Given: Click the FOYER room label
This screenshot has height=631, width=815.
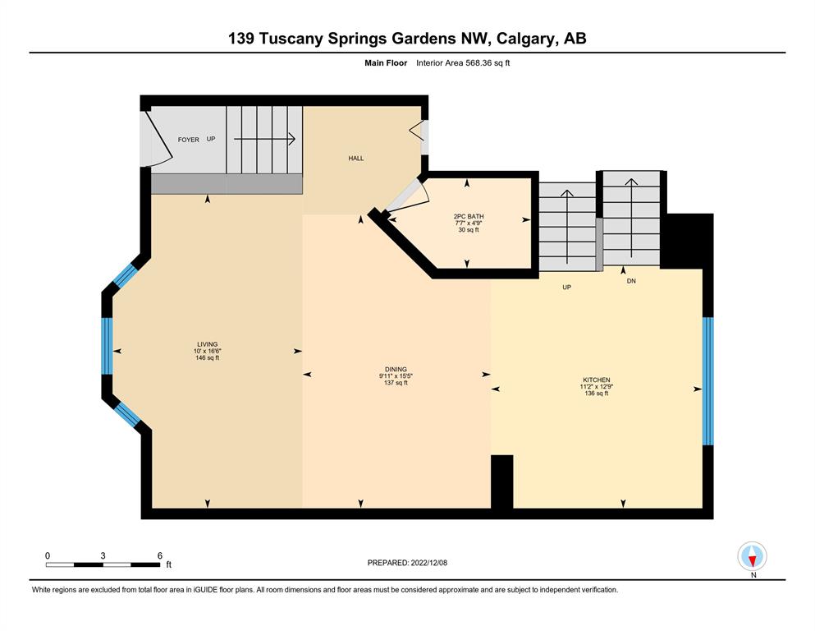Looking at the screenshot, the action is tap(188, 140).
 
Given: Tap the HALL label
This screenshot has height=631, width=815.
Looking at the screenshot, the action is tap(356, 158).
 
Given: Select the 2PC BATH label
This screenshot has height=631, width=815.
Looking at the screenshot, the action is tap(469, 216).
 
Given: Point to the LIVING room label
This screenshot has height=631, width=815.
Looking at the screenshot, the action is tap(207, 344).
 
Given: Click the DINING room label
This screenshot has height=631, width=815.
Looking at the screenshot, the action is tap(396, 370).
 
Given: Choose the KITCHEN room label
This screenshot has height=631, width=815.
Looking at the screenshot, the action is tap(596, 380).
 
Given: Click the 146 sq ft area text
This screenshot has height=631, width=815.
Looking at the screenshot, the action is tap(207, 358).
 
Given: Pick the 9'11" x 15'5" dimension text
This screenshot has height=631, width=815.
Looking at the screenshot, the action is tap(396, 376).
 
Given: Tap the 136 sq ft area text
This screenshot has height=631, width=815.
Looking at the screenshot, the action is tap(596, 394).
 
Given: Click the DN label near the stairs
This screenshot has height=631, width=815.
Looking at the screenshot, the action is tap(631, 281).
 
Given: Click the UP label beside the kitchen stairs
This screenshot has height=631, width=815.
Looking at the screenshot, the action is tap(566, 287).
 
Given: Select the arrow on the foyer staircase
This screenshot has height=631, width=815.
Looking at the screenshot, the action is tap(264, 139).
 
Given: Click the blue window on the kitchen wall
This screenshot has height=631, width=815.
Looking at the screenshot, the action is tap(708, 381).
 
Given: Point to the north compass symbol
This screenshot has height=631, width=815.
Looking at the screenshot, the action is tap(752, 556).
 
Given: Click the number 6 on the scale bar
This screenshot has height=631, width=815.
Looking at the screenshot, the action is tap(160, 555).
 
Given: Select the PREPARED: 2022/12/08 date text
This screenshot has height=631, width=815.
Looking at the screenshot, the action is tap(407, 563).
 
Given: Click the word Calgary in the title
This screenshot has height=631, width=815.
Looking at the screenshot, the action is tap(525, 39).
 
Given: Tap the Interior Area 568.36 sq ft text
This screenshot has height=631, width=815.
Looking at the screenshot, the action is tap(463, 63).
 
